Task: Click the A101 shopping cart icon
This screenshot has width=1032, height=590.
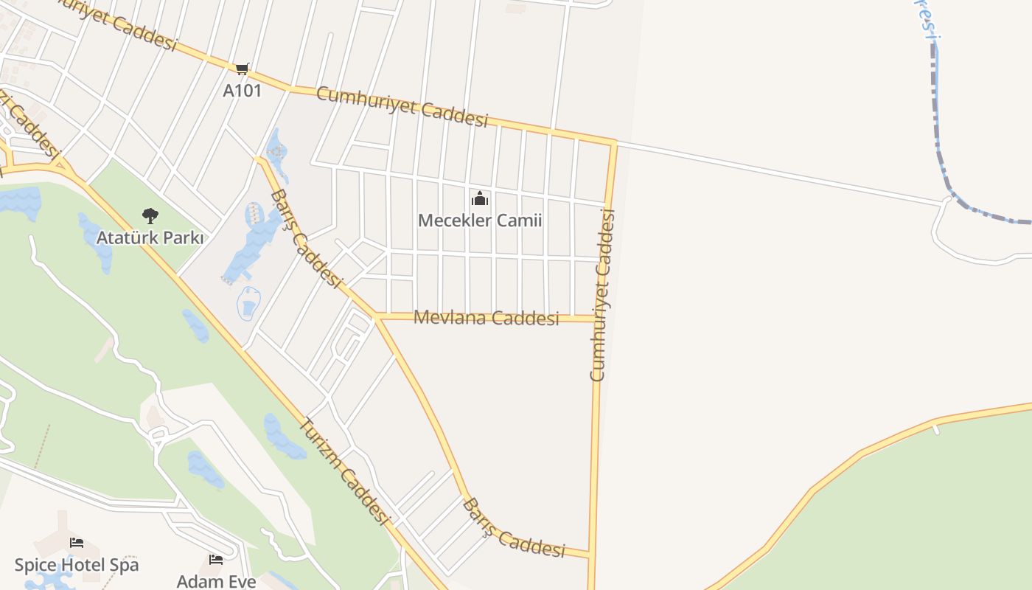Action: coord(242,69)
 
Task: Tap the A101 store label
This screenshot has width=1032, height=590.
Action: coord(242,91)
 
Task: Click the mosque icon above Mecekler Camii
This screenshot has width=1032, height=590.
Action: coord(480,199)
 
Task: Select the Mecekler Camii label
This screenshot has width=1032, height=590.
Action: coord(480,221)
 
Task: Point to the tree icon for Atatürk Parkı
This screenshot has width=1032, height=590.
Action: coord(150,216)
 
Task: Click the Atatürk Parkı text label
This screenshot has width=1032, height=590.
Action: coord(150,238)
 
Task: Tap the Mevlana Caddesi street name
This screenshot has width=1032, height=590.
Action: coord(487,318)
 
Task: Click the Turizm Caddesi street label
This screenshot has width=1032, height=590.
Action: coord(344,473)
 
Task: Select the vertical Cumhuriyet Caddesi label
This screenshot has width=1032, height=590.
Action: coord(602,295)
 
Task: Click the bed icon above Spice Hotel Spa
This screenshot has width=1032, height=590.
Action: coord(77,544)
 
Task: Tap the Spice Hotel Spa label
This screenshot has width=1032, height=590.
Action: coord(77,566)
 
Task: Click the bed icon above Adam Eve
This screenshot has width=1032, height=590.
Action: coord(216,560)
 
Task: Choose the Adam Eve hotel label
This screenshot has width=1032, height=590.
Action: coord(216,581)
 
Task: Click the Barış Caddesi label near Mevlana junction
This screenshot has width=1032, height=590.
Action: coord(307,238)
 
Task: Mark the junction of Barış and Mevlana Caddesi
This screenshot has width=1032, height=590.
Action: coord(377,318)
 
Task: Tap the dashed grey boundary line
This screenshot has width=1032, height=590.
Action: coord(938,133)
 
